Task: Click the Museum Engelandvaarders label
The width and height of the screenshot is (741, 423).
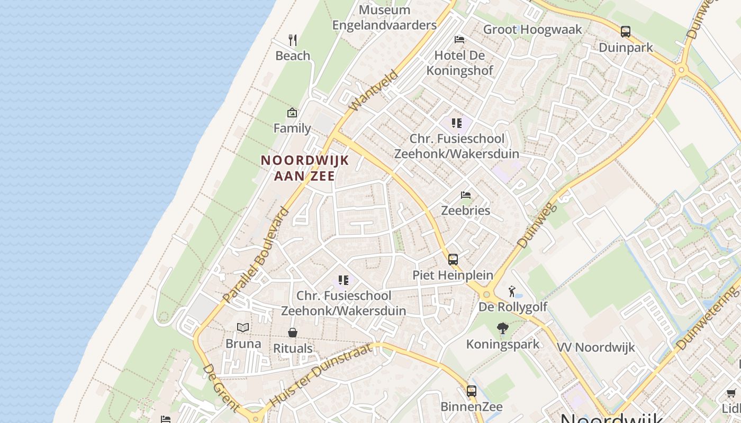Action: click(384, 17)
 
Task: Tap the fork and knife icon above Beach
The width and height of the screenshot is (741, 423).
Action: click(293, 40)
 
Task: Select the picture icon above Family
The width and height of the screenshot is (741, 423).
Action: click(292, 113)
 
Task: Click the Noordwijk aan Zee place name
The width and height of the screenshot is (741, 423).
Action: click(305, 168)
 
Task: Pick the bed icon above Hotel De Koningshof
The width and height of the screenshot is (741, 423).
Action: click(459, 40)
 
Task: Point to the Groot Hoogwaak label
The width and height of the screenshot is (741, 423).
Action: click(532, 30)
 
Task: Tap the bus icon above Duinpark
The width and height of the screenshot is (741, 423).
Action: click(626, 32)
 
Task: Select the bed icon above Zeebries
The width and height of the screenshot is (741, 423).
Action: click(466, 195)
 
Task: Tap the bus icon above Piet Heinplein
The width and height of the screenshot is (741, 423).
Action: click(453, 260)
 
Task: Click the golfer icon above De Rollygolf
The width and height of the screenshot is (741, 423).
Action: click(512, 291)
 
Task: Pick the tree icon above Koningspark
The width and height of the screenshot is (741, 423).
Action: click(503, 329)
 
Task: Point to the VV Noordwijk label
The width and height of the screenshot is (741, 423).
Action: click(596, 347)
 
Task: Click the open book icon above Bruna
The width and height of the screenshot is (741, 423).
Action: click(243, 328)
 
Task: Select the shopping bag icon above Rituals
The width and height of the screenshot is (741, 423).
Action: click(293, 333)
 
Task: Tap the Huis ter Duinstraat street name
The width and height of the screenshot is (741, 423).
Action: click(321, 375)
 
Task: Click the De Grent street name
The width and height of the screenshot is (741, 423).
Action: click(221, 388)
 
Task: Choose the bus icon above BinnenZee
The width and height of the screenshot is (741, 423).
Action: click(471, 391)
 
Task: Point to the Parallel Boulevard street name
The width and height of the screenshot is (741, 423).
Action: click(256, 256)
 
